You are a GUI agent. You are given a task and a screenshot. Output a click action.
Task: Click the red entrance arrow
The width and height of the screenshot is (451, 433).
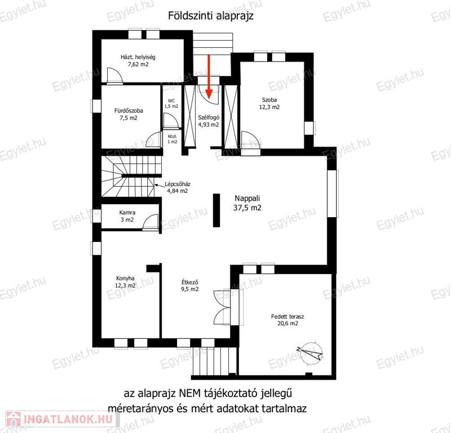pyautogui.click(x=209, y=77)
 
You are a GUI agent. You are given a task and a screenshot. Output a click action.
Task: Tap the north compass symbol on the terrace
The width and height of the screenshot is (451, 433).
pyautogui.click(x=311, y=352)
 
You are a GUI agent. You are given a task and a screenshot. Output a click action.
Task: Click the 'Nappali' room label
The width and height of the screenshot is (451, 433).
pyautogui.click(x=247, y=198)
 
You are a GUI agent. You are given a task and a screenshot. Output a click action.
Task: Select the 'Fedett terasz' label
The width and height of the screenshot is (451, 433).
pyautogui.click(x=288, y=316)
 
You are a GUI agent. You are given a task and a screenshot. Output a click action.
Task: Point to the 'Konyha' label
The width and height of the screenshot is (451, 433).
pyautogui.click(x=125, y=278)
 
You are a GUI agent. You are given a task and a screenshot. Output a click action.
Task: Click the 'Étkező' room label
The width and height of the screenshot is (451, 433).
pyautogui.click(x=190, y=282)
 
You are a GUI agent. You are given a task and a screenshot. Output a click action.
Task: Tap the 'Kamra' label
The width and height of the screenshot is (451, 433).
pyautogui.click(x=127, y=213)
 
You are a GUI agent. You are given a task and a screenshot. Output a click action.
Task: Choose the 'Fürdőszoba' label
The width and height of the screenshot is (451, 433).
pyautogui.click(x=129, y=111)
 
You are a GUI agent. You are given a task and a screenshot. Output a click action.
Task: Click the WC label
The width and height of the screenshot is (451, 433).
pyautogui.click(x=171, y=101)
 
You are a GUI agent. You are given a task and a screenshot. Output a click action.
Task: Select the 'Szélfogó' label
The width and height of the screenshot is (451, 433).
pyautogui.click(x=209, y=117)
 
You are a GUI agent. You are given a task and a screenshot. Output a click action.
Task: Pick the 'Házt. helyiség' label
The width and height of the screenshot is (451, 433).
pyautogui.click(x=138, y=57)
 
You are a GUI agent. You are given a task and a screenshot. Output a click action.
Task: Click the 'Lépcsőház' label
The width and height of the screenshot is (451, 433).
pyautogui.click(x=178, y=184)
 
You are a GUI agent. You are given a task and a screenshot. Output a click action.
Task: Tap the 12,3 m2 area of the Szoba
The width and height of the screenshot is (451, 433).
pyautogui.click(x=269, y=107)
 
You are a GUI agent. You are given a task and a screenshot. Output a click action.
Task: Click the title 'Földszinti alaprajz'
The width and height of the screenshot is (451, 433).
pyautogui.click(x=211, y=16)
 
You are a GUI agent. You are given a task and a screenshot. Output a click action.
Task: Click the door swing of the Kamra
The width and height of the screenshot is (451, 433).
pyautogui.click(x=151, y=222)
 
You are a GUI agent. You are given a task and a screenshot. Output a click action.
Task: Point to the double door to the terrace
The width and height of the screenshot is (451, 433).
pyautogui.click(x=222, y=308)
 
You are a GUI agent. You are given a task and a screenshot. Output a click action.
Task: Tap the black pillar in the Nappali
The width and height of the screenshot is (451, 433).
pyautogui.click(x=216, y=210)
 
